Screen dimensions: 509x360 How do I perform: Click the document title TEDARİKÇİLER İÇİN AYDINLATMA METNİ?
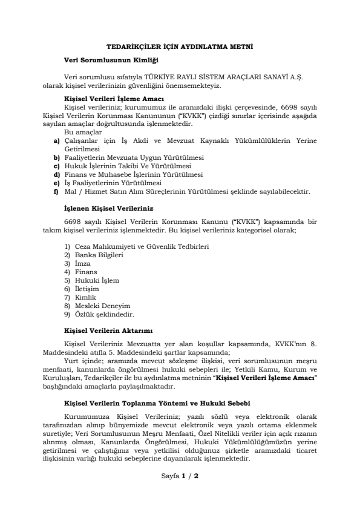point(180,46)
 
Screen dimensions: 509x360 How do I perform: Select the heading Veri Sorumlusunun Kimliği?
point(111,59)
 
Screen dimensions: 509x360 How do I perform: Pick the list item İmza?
point(83,264)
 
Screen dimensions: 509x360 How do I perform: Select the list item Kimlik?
point(86,298)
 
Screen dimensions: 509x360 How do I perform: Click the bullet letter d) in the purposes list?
point(56,174)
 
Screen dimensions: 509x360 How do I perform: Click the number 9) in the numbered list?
point(67,315)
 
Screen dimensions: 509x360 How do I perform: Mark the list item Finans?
point(86,272)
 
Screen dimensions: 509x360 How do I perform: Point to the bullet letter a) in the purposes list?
point(56,140)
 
